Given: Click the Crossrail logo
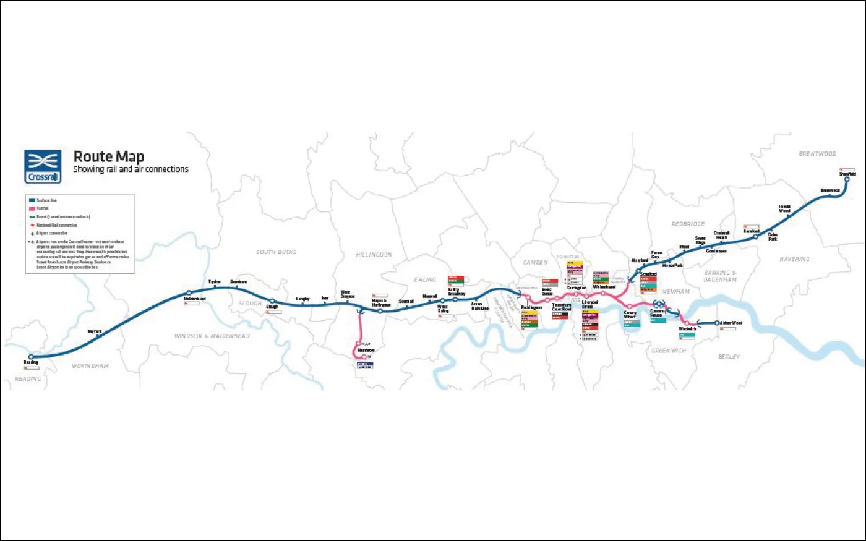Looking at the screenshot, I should point(43,166).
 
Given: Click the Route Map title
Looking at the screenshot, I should point(109,156).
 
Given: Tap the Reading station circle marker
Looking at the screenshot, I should point(31,357).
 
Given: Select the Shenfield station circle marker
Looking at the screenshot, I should point(847,180).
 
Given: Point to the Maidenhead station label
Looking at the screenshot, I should point(195,299).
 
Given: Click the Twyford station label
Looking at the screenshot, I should point(94,332).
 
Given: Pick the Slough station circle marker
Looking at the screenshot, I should point(272,301).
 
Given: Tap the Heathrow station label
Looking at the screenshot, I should point(366,351).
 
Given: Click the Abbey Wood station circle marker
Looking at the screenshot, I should point(718,323).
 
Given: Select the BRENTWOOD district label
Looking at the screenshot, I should point(817,153).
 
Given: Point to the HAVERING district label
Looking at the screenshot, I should point(794,259).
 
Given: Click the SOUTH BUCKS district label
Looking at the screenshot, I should point(276,252).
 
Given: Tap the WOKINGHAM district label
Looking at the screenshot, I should point(90,366).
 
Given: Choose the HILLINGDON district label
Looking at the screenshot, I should point(374,255).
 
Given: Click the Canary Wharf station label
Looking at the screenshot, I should point(630,315).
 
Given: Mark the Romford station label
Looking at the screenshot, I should point(751,231).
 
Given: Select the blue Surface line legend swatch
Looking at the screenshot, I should point(32,200).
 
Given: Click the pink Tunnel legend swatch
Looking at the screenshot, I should point(32,208).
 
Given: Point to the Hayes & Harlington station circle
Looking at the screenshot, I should point(380,311).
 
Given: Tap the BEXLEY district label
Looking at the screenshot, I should point(729,357).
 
